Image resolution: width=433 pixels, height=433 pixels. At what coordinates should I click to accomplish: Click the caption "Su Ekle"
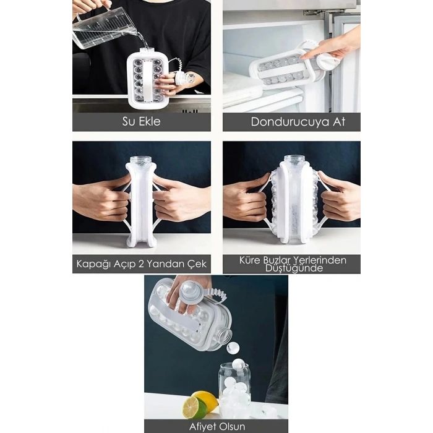point(140,121)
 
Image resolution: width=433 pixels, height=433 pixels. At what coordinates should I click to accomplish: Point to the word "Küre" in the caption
point(251,260)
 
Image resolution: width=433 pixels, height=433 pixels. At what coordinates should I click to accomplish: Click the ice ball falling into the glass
point(233,348)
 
